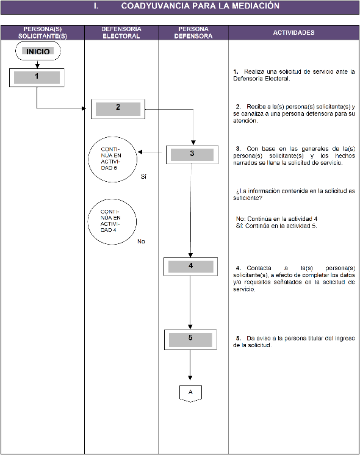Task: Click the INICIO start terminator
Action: click(x=38, y=51)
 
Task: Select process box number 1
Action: click(x=37, y=77)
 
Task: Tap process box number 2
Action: click(x=118, y=109)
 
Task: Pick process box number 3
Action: click(x=192, y=154)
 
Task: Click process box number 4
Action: click(x=190, y=267)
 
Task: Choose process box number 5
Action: click(x=190, y=340)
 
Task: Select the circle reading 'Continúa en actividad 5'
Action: click(x=113, y=159)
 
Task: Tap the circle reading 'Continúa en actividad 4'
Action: click(x=112, y=221)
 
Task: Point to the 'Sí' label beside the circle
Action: click(x=143, y=176)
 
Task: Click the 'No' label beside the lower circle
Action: click(x=141, y=242)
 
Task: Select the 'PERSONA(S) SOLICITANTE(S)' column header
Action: click(x=43, y=32)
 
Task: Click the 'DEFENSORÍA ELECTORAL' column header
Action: click(x=121, y=32)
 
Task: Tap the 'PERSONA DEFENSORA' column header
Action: click(x=193, y=32)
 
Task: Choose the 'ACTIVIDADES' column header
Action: click(x=294, y=32)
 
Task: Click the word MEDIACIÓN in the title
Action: click(x=256, y=6)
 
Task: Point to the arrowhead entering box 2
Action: click(x=84, y=109)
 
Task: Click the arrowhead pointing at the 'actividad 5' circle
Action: click(x=140, y=152)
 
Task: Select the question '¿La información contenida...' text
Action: click(x=294, y=195)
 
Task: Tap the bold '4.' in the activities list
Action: click(x=239, y=268)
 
